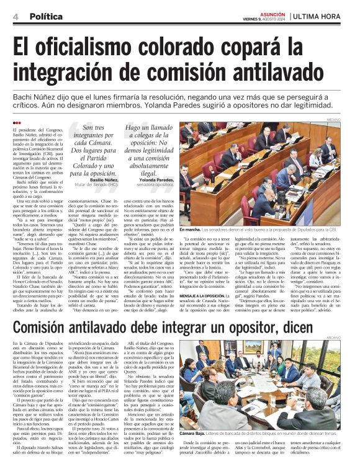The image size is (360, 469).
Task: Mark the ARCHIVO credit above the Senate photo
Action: coord(345,119)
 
